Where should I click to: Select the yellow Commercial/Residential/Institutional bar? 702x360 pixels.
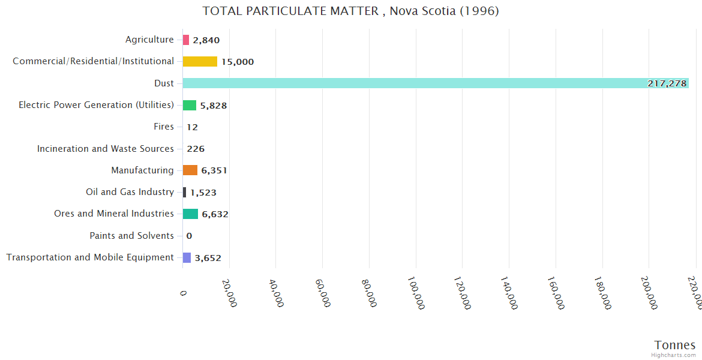(x=200, y=61)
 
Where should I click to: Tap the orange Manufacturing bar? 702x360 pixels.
(x=190, y=170)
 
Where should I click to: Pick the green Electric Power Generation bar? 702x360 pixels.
(x=190, y=105)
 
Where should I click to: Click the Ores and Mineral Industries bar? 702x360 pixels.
(x=190, y=214)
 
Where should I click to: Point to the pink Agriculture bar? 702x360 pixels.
(x=186, y=40)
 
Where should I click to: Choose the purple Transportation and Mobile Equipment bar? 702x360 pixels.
(x=187, y=257)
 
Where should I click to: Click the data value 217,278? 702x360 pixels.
(x=667, y=83)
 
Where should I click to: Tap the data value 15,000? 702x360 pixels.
(x=237, y=62)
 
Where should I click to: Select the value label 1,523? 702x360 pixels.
(x=203, y=193)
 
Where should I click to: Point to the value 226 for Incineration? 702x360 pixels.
(x=196, y=149)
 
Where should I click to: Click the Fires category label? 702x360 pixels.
(x=164, y=127)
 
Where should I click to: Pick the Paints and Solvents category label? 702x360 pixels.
(x=131, y=236)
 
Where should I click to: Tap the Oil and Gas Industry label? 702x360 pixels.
(x=130, y=192)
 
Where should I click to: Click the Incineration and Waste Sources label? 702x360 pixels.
(x=106, y=149)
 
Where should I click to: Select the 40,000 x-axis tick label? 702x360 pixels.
(x=277, y=293)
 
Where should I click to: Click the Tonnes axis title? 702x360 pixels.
(x=674, y=345)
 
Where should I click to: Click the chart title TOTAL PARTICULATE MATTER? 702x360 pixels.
(x=350, y=11)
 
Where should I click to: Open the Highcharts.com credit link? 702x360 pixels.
(x=673, y=355)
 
